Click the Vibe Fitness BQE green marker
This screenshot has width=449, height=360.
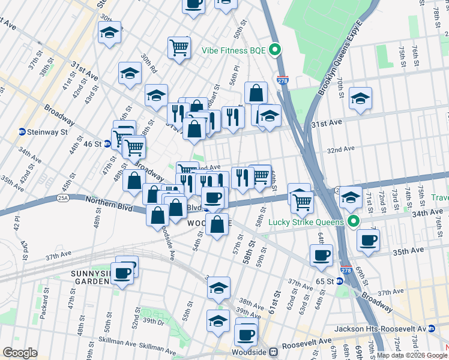(276, 50)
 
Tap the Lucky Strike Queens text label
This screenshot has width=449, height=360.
(306, 222)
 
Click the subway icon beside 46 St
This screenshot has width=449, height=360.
(107, 144)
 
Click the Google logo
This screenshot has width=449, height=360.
(20, 353)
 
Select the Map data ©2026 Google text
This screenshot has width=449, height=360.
(411, 355)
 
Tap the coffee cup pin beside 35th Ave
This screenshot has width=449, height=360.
(367, 240)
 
